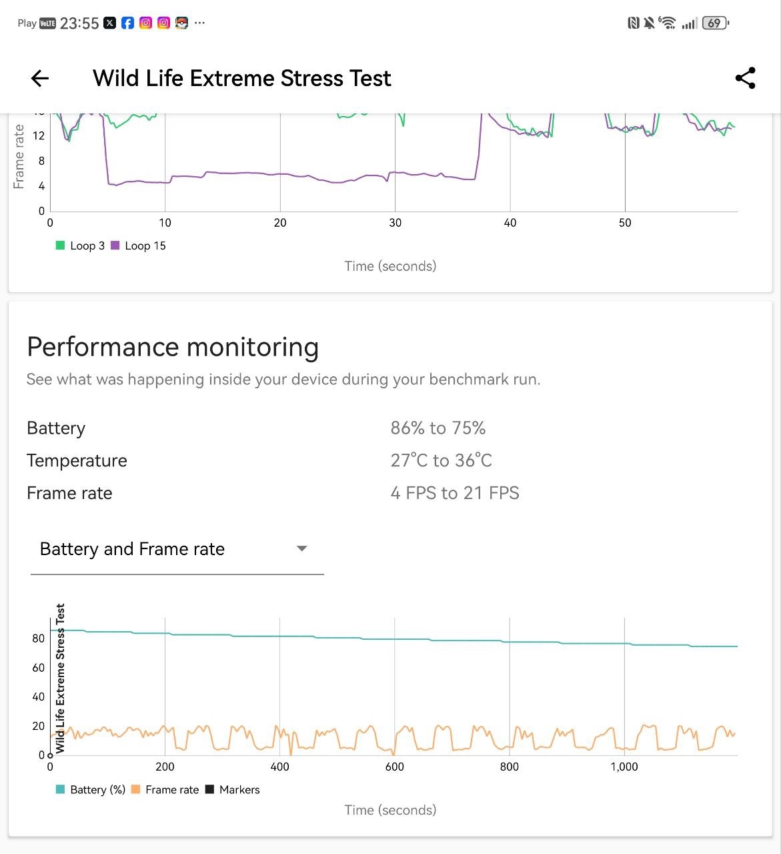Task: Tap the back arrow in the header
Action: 40,79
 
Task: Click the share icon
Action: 745,78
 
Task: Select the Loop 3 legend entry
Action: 81,246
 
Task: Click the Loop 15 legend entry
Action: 138,246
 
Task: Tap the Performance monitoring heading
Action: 173,348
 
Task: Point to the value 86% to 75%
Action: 438,428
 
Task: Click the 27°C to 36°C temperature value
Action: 441,460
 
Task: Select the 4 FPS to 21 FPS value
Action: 454,493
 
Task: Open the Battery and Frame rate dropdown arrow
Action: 301,548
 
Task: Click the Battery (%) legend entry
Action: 91,790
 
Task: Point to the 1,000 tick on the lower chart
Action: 624,767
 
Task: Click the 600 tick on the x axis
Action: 394,767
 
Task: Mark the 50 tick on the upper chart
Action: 624,223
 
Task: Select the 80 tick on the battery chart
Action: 38,638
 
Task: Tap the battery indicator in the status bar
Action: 715,23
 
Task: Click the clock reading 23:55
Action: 79,23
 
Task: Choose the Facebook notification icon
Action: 127,23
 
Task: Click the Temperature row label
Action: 77,460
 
